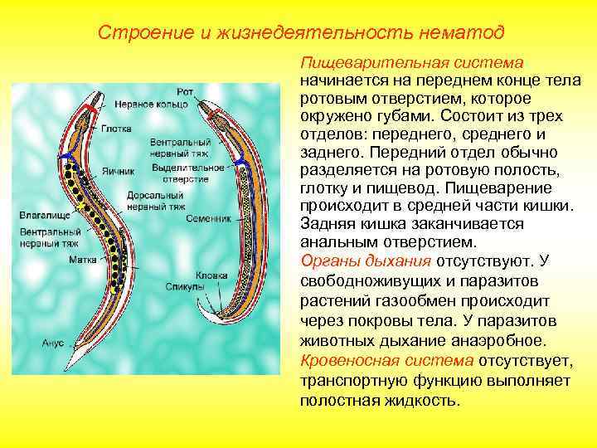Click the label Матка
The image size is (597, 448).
[x=82, y=259]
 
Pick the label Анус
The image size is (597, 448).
[x=53, y=341]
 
